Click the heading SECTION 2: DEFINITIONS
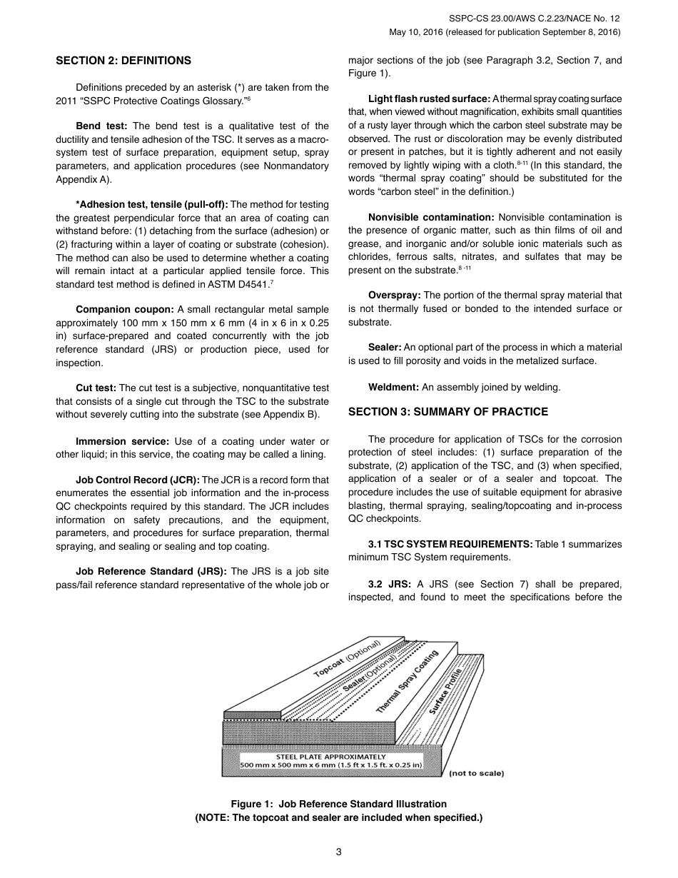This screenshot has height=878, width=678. pos(123,61)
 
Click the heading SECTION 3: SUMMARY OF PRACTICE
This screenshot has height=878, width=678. pos(448,412)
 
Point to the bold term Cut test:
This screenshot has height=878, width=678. pos(96,388)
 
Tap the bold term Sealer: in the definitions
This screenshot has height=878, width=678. pos(385,348)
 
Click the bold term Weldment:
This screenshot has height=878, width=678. pos(393,388)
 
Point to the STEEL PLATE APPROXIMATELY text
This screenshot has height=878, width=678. pos(330,757)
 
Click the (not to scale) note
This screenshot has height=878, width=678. pos(476,773)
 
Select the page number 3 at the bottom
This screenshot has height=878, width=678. pos(339,852)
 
